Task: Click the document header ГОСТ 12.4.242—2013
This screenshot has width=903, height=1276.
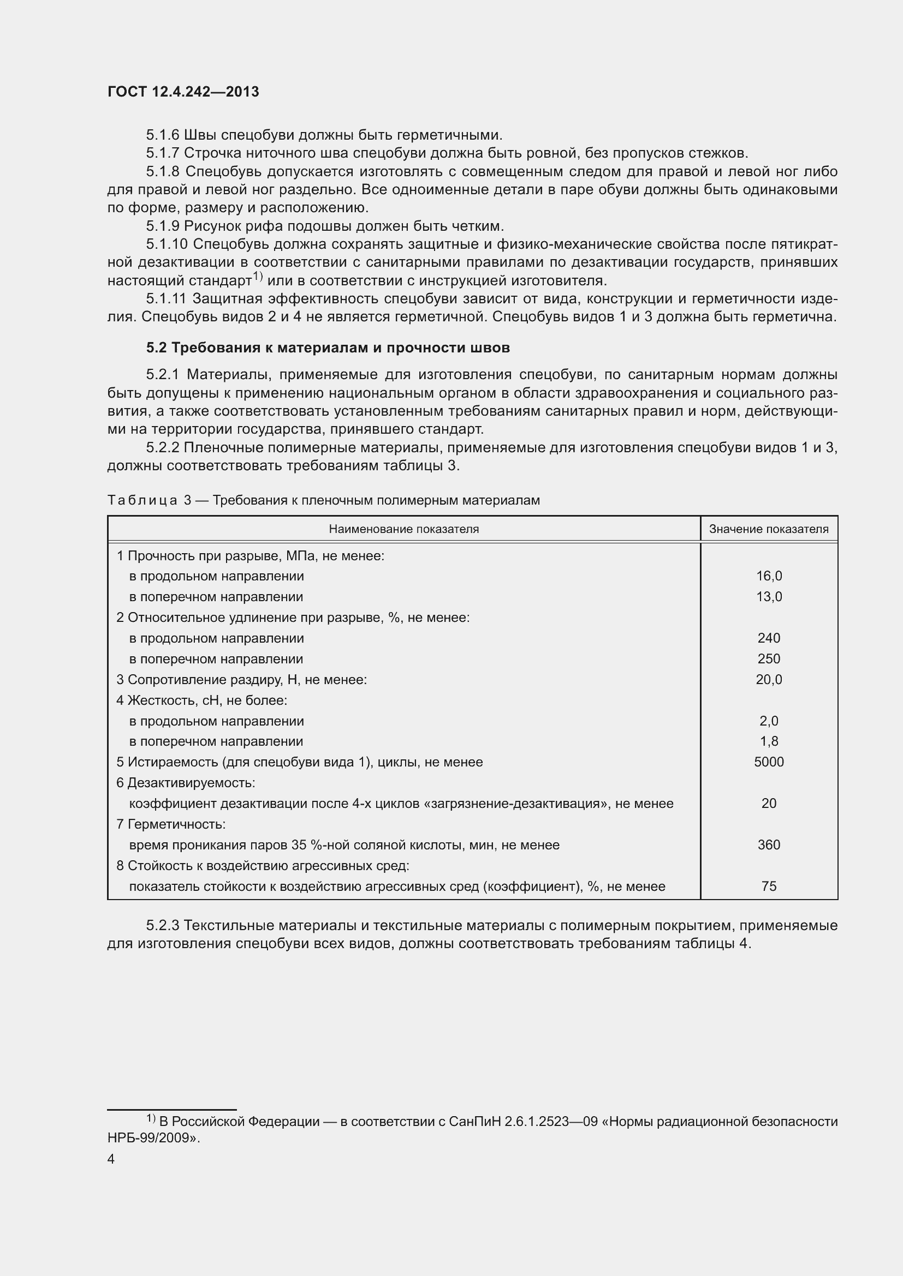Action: (183, 92)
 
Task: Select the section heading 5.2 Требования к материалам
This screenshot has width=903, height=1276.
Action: (328, 348)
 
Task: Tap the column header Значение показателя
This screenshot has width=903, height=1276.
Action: (769, 529)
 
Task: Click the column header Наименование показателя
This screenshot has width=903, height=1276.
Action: (403, 529)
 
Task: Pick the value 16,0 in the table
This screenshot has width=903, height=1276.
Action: (769, 576)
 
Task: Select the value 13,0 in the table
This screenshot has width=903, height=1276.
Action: (769, 597)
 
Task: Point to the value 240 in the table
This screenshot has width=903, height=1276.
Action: (769, 638)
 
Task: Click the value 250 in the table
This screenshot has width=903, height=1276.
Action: (769, 659)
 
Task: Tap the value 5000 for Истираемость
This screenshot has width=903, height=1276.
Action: (769, 762)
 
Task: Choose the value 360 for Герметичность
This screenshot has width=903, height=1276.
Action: (769, 844)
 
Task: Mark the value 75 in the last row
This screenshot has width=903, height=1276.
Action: (769, 886)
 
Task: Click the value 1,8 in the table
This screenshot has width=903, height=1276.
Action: (769, 741)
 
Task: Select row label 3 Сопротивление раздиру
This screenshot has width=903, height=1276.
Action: (241, 680)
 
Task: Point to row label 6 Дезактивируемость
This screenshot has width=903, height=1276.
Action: (185, 783)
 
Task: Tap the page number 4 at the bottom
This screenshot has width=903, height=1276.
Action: (111, 1159)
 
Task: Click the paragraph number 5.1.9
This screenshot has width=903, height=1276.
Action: (162, 226)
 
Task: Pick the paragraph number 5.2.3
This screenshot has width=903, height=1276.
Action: (162, 926)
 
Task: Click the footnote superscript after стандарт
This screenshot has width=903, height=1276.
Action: (258, 276)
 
